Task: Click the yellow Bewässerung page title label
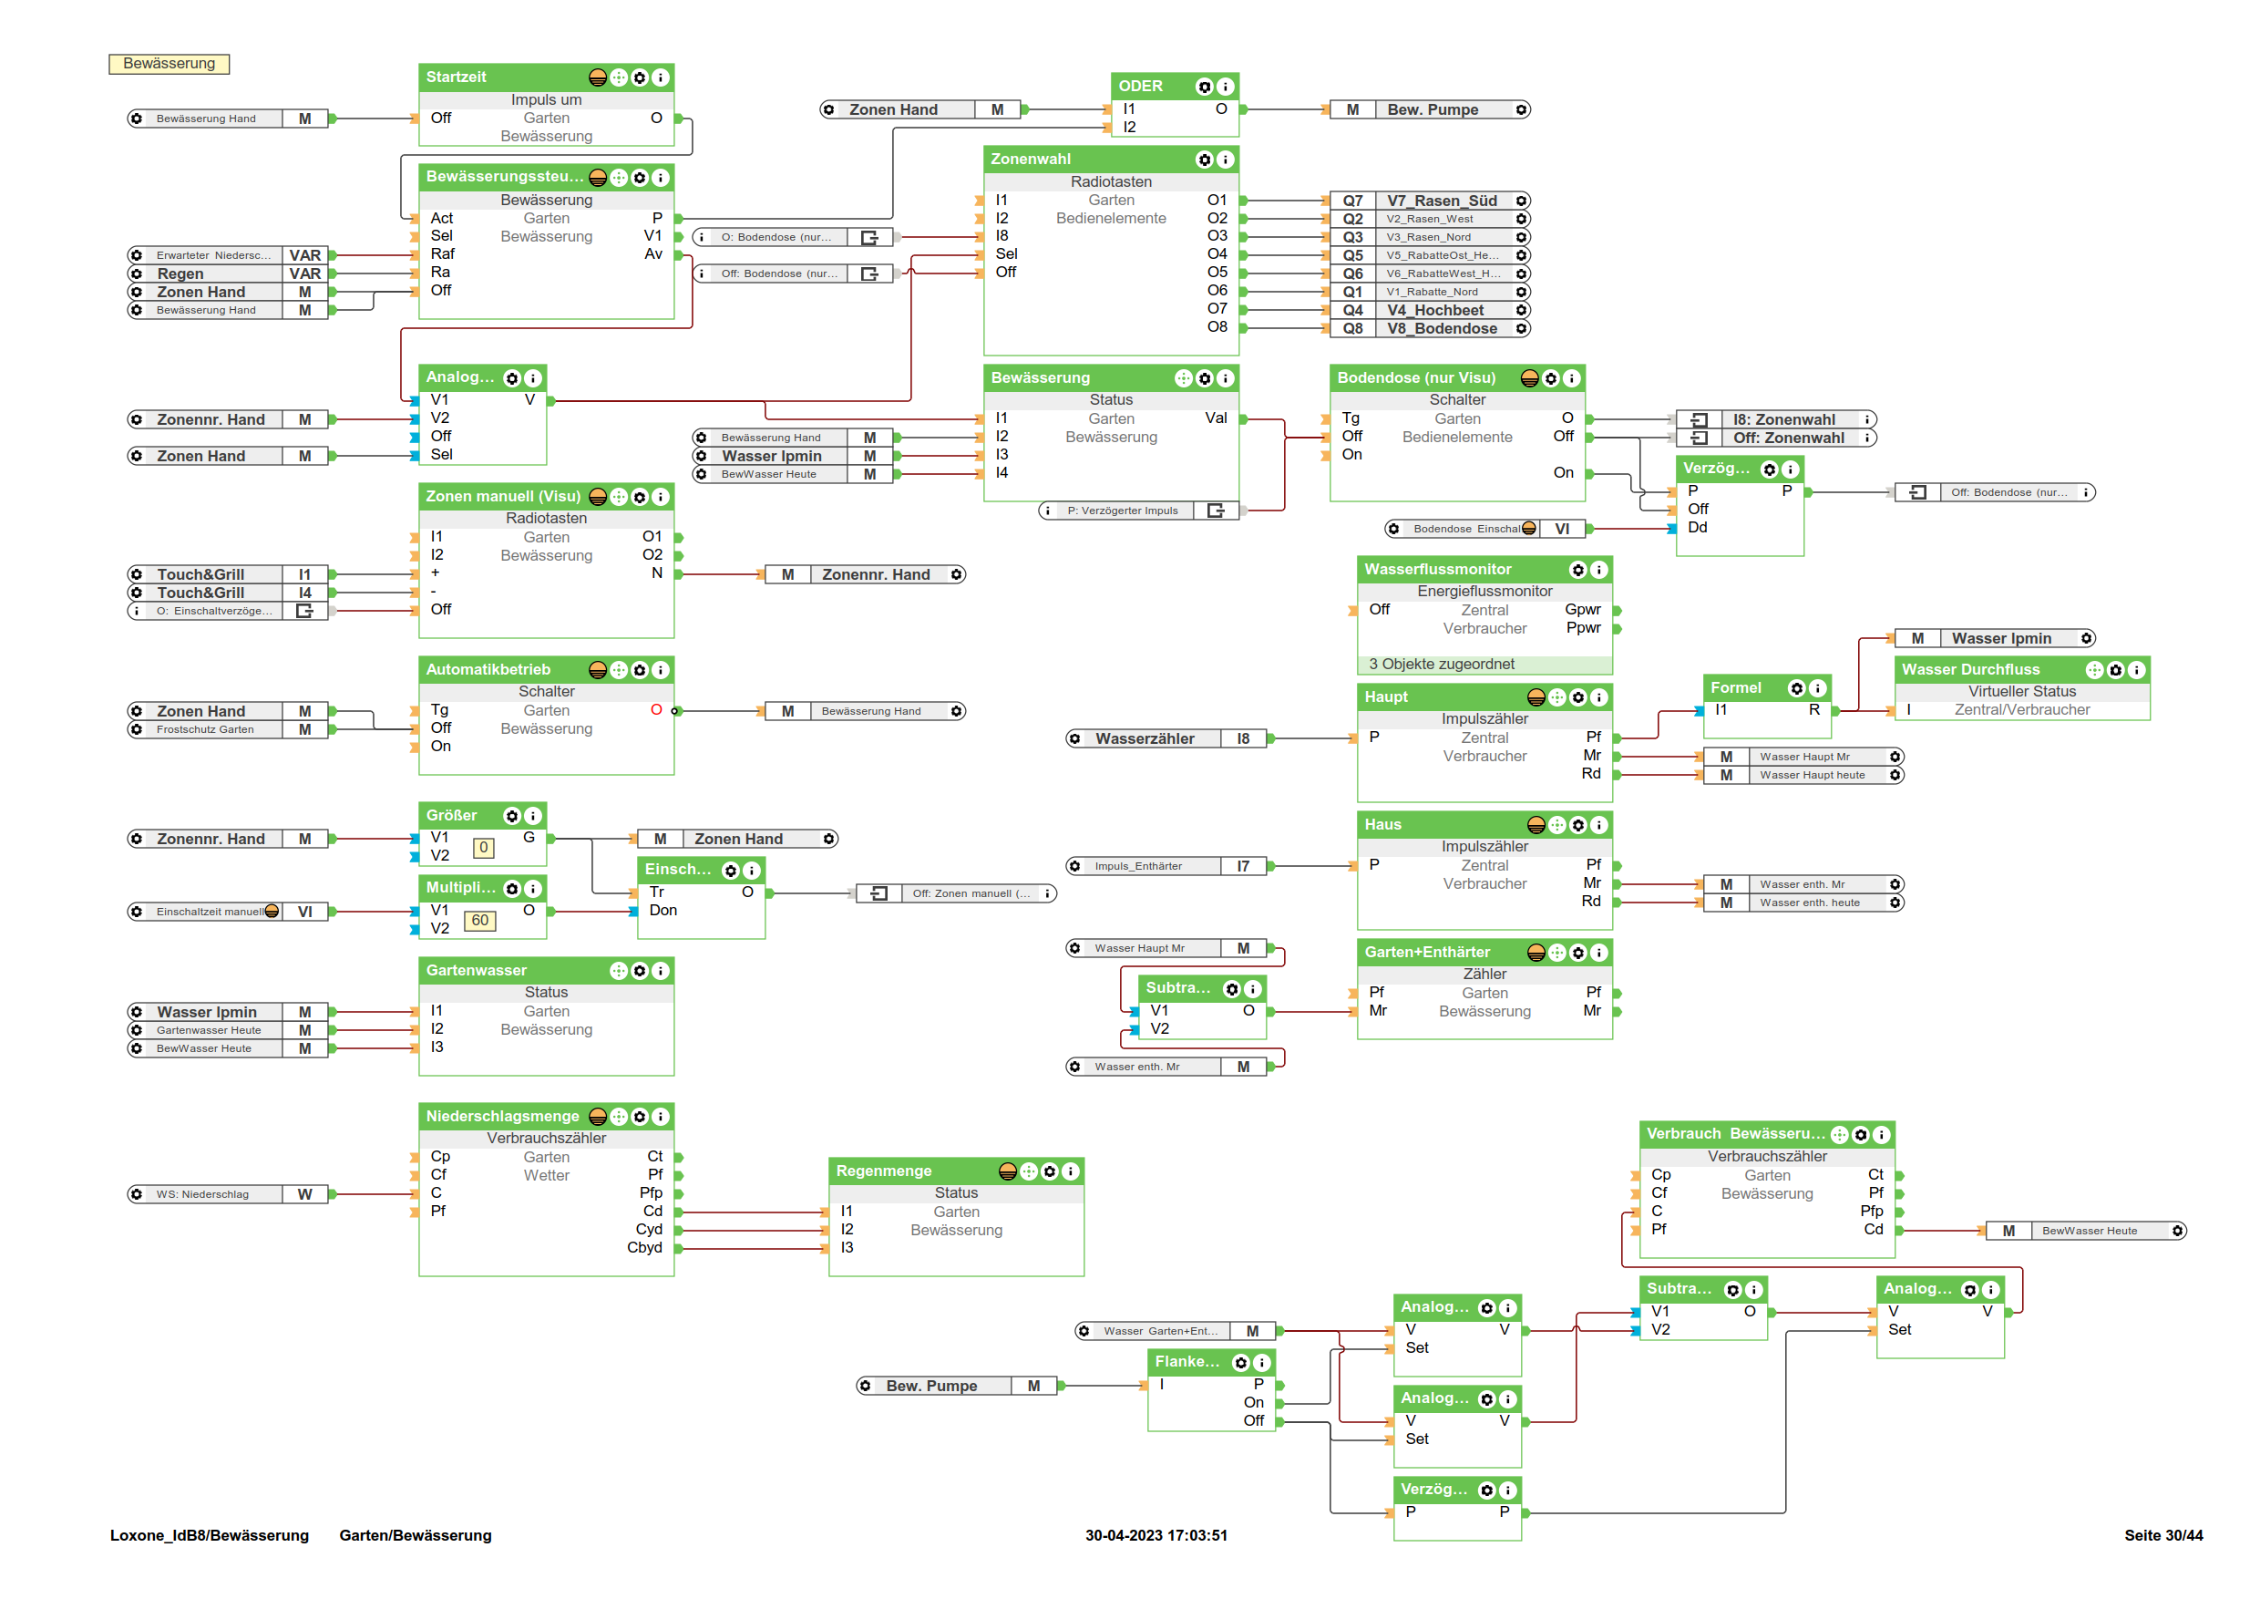169,64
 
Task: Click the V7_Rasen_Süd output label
1441,201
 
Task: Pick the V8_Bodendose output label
1441,329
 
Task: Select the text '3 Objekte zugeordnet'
1441,665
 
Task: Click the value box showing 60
479,921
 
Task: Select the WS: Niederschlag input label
203,1194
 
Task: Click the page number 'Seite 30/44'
2162,1535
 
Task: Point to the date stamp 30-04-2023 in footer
1156,1535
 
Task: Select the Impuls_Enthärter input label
1138,866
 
